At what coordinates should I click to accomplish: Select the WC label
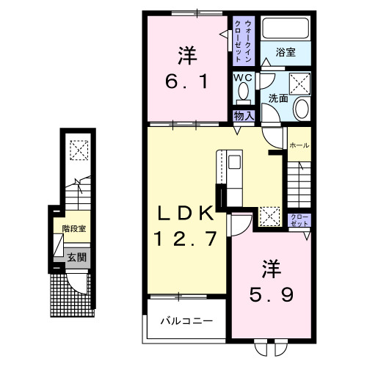click(243, 77)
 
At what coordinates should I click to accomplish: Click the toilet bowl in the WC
click(244, 93)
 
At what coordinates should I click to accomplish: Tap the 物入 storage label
click(244, 115)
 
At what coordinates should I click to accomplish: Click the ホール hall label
click(299, 145)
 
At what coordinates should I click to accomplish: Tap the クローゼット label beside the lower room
click(299, 219)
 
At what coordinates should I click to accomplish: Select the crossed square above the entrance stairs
click(79, 150)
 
